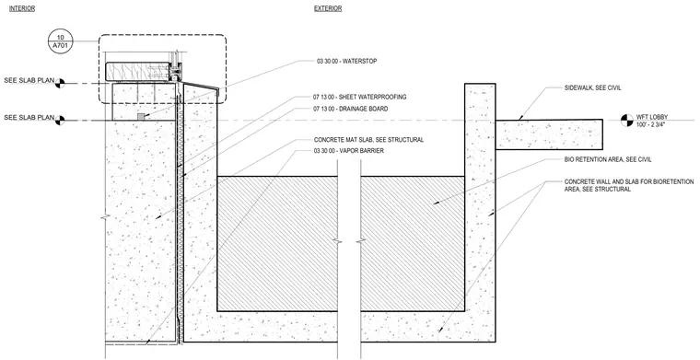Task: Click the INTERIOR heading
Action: pos(22,8)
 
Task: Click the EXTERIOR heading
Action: pos(328,8)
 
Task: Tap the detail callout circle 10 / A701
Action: pos(59,42)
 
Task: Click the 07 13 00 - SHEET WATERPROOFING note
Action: pos(359,97)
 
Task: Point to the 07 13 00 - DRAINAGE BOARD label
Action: pos(350,109)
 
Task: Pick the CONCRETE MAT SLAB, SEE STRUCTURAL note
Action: pos(368,140)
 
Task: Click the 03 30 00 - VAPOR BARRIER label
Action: pos(349,151)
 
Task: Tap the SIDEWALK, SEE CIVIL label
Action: pos(593,87)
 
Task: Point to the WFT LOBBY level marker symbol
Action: pos(627,120)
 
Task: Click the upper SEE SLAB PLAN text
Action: pos(29,81)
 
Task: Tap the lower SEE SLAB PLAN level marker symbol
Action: pos(60,120)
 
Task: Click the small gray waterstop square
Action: pos(141,116)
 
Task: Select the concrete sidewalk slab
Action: pos(549,134)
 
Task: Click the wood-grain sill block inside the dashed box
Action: pos(138,72)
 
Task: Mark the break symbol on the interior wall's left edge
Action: pos(105,217)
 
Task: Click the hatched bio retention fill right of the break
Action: pos(413,244)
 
